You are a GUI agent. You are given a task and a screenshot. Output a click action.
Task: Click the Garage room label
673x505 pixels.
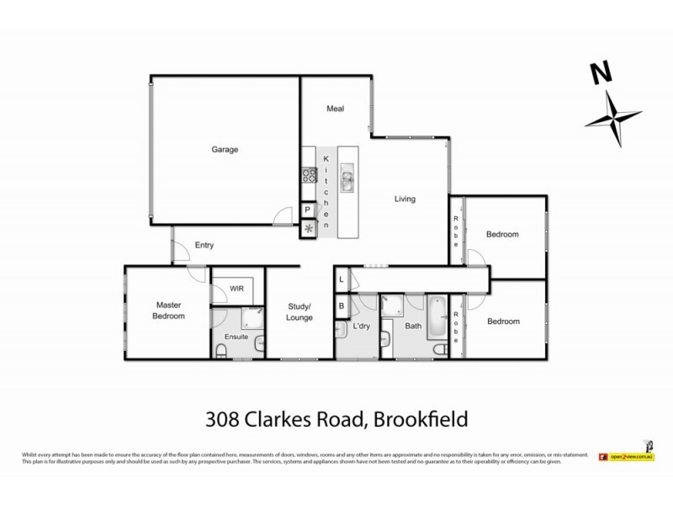coord(225,150)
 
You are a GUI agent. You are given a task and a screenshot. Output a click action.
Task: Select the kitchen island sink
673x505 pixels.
coord(347,178)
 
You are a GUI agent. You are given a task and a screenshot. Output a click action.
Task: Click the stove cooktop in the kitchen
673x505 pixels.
coord(308,176)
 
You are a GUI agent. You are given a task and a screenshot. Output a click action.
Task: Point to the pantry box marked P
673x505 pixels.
coord(308,210)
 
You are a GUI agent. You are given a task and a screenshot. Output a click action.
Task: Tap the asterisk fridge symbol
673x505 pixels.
coord(308,228)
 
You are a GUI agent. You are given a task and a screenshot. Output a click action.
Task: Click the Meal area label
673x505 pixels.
coord(336,109)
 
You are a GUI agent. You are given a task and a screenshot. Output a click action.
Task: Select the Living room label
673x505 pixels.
coord(405,199)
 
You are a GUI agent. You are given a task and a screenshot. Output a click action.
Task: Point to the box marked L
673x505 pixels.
coord(342,279)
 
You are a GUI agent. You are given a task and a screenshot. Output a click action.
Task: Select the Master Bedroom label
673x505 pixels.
coord(168,311)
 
